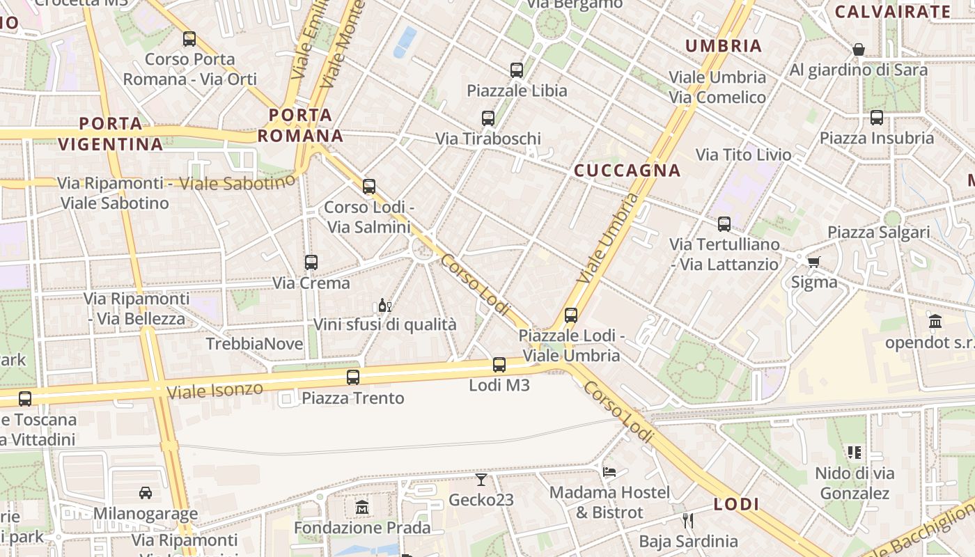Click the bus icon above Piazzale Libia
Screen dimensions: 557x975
coord(516,70)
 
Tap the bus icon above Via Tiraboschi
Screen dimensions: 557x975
coord(488,118)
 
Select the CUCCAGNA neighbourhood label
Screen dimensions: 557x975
coord(627,171)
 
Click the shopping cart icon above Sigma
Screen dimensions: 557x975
coord(813,262)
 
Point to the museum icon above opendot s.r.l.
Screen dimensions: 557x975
coord(935,322)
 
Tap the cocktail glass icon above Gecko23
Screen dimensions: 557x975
coord(481,479)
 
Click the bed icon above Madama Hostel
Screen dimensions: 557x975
coord(609,471)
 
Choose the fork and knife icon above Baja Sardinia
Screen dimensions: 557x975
coord(688,520)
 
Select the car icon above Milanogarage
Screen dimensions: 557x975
coord(146,493)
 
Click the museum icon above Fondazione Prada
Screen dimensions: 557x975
coord(362,507)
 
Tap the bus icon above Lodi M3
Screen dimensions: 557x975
coord(499,364)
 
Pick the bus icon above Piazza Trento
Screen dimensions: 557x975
coord(353,377)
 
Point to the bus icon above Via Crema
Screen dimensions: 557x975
coord(311,262)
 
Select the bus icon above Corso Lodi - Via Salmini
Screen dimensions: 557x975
coord(369,187)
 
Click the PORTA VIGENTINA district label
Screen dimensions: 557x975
coord(110,134)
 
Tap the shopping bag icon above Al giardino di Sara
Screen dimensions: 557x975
coord(859,49)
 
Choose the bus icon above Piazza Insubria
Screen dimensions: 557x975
coord(877,118)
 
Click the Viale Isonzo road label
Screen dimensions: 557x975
coord(214,390)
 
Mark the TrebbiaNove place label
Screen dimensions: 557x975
coord(254,344)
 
